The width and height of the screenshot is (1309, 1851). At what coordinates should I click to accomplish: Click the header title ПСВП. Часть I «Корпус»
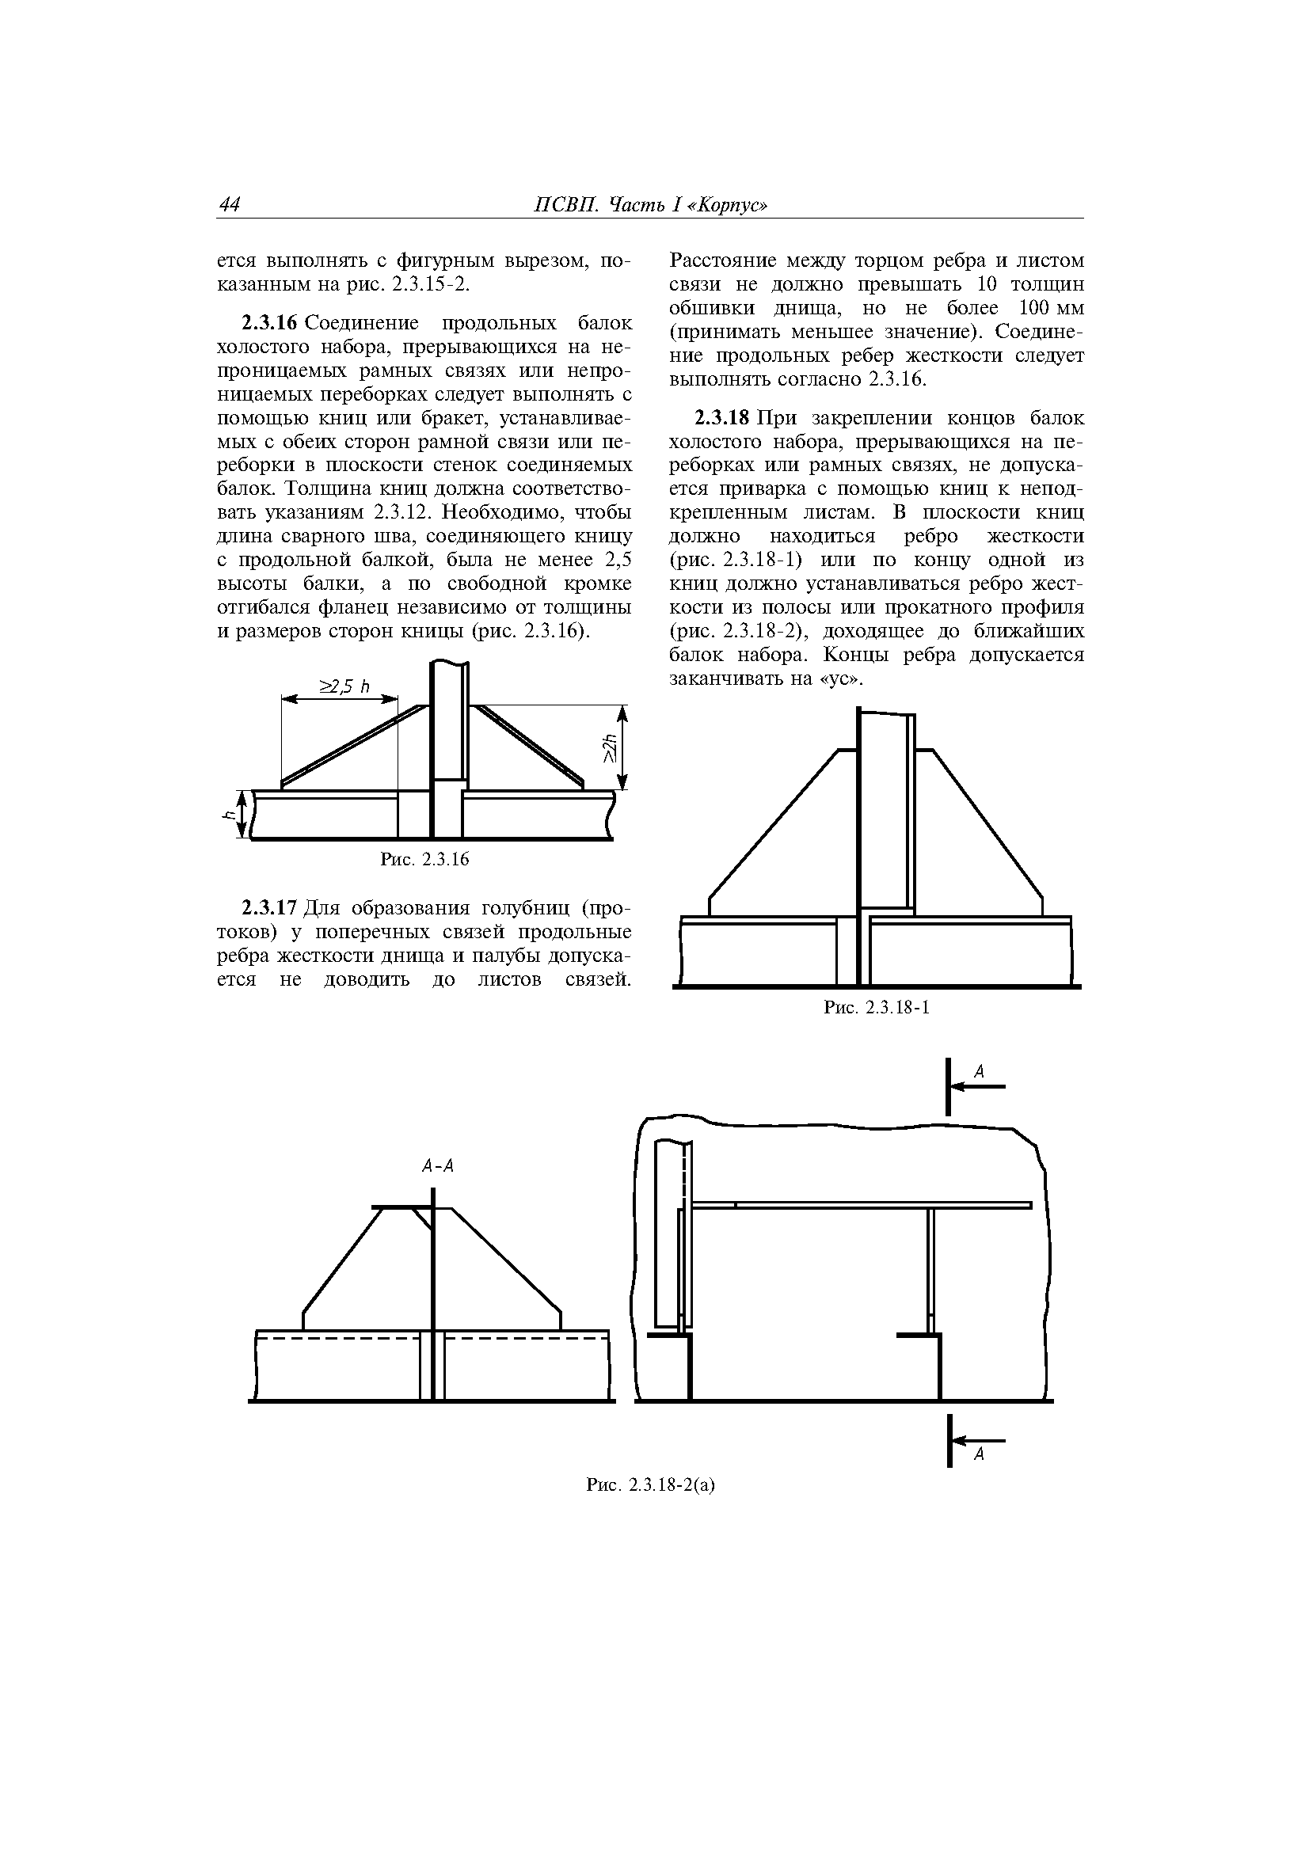pyautogui.click(x=651, y=206)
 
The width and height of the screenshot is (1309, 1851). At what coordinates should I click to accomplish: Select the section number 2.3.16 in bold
pyautogui.click(x=270, y=324)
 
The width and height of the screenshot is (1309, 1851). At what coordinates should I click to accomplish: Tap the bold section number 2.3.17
pyautogui.click(x=270, y=910)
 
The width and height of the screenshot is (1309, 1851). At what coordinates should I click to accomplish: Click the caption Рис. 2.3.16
pyautogui.click(x=424, y=861)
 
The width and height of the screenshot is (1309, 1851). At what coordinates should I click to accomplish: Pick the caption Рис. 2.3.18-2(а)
pyautogui.click(x=651, y=1485)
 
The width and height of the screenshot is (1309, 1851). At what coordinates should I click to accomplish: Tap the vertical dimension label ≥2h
pyautogui.click(x=610, y=747)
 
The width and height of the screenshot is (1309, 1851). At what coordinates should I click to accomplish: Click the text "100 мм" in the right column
pyautogui.click(x=1052, y=309)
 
